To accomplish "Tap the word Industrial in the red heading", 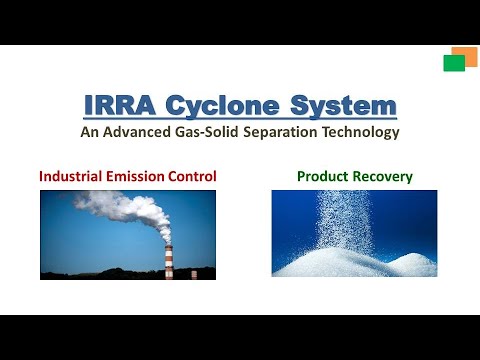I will (x=73, y=177).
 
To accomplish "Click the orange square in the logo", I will (x=464, y=56).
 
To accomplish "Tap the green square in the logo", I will (x=454, y=63).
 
